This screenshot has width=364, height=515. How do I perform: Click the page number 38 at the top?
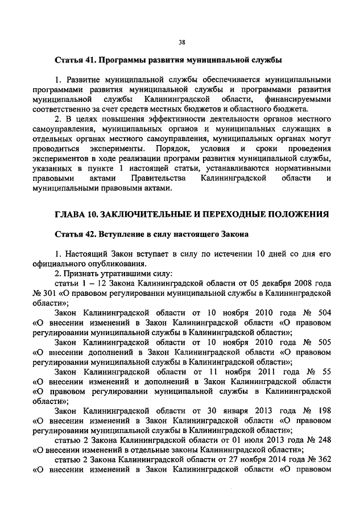click(x=182, y=41)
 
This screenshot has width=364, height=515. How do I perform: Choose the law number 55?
click(x=326, y=372)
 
